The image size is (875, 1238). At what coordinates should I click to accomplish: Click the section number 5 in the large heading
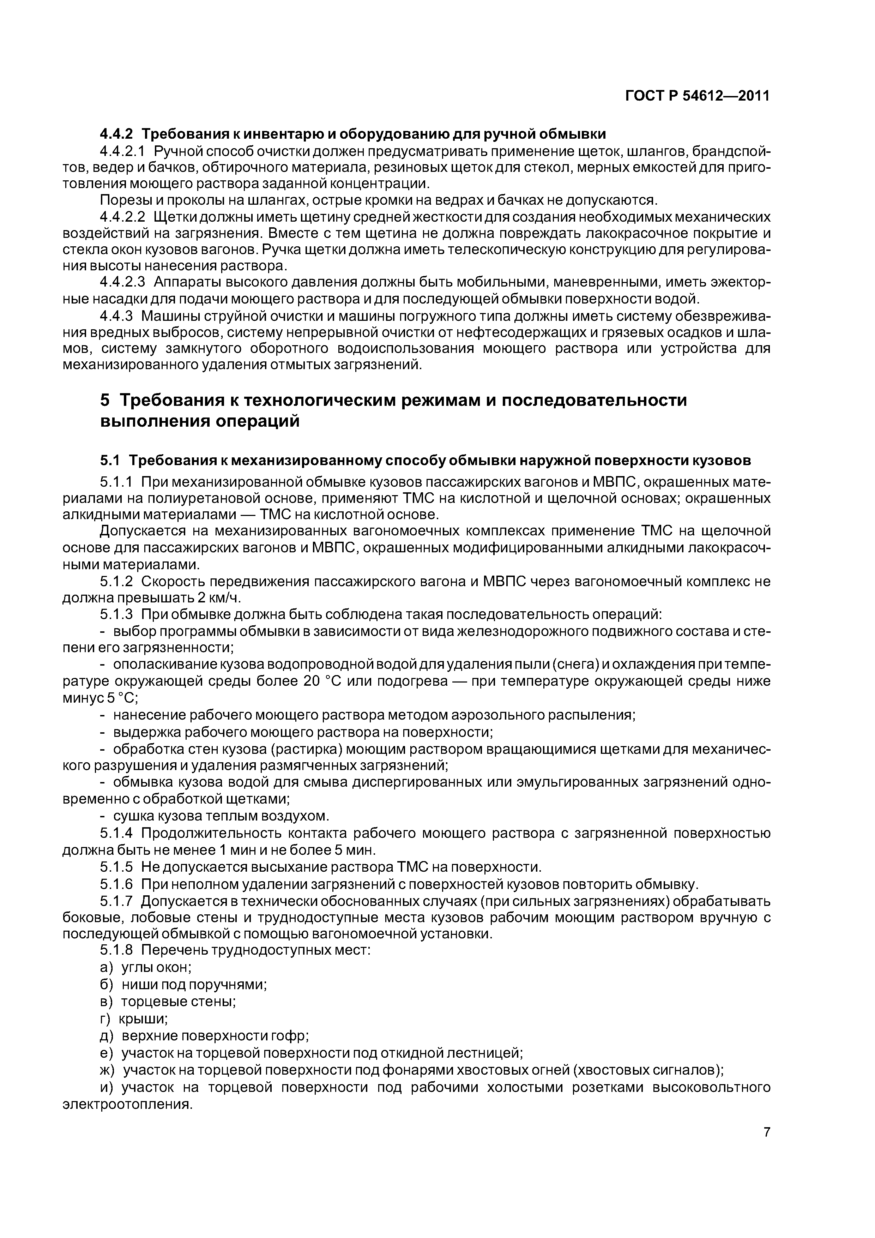coord(105,401)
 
